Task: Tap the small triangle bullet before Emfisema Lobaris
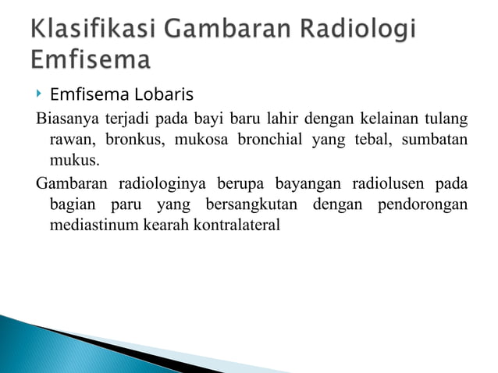click(38, 94)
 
